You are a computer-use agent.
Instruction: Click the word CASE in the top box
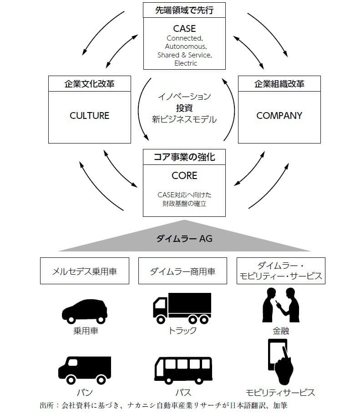[184, 29]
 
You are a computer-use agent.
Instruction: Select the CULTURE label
[90, 116]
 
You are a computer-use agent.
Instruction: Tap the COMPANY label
[279, 116]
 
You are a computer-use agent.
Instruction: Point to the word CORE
[184, 175]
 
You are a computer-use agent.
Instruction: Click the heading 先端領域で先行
[184, 10]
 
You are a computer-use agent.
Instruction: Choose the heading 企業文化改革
[90, 84]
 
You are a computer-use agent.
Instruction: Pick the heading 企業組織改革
[279, 84]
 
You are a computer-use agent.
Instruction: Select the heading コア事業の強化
[184, 158]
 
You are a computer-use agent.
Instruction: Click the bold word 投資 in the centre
[184, 108]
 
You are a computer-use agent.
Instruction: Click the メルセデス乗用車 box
[84, 272]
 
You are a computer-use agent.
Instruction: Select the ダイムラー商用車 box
[183, 272]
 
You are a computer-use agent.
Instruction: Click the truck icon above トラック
[182, 308]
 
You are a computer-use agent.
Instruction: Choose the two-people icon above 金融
[280, 305]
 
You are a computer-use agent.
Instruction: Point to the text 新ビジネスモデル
[184, 119]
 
